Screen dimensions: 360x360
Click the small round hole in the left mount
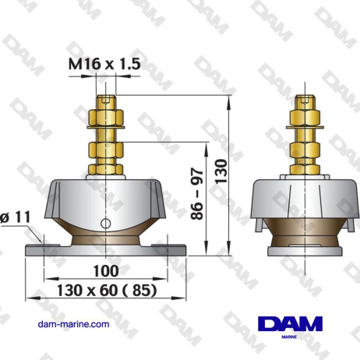coord(105,225)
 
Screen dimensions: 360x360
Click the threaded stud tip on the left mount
coord(106,99)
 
